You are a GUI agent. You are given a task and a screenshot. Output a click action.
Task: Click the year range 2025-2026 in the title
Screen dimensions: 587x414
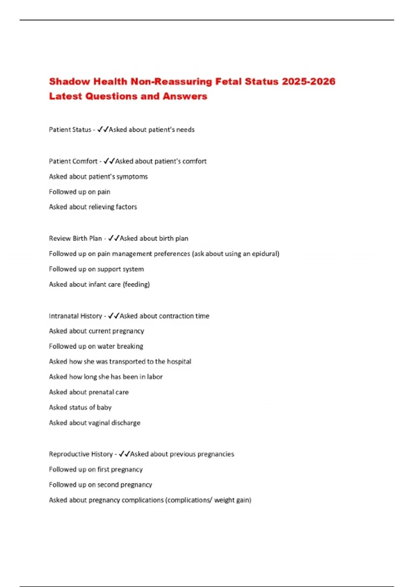point(308,81)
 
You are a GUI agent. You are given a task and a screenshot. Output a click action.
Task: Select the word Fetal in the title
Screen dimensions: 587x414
point(228,81)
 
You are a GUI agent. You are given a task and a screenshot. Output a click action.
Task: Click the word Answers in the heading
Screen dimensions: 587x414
point(185,96)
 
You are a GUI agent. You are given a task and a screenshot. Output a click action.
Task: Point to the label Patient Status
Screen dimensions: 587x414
point(70,130)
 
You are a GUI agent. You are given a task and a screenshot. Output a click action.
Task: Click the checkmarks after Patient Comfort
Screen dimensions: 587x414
point(109,161)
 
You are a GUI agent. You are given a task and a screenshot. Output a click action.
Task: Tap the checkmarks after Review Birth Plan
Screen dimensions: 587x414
point(114,238)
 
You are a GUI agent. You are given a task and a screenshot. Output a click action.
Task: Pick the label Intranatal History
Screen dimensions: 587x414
point(76,316)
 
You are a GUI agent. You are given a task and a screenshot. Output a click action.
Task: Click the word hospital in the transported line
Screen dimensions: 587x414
point(179,362)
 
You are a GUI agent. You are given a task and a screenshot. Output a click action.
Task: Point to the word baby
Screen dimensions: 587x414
point(104,407)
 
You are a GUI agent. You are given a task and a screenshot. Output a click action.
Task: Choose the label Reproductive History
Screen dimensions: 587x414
point(81,454)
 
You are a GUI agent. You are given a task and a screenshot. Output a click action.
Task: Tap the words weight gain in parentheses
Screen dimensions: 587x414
point(232,500)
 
